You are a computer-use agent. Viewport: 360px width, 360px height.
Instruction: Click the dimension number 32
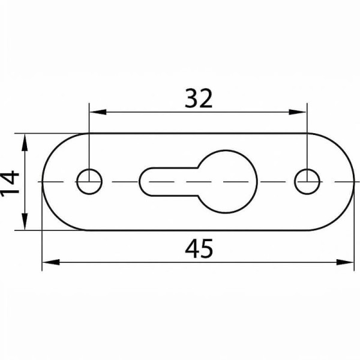[x=199, y=98]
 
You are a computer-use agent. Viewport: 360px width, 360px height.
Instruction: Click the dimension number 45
[x=199, y=248]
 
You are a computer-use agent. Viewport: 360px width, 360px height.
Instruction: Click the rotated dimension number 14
[x=10, y=184]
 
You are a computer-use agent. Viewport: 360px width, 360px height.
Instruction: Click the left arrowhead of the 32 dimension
[x=98, y=112]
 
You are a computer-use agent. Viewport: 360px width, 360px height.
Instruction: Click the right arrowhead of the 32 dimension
[x=298, y=112]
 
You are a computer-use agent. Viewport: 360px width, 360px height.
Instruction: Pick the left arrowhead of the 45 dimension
[x=51, y=262]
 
